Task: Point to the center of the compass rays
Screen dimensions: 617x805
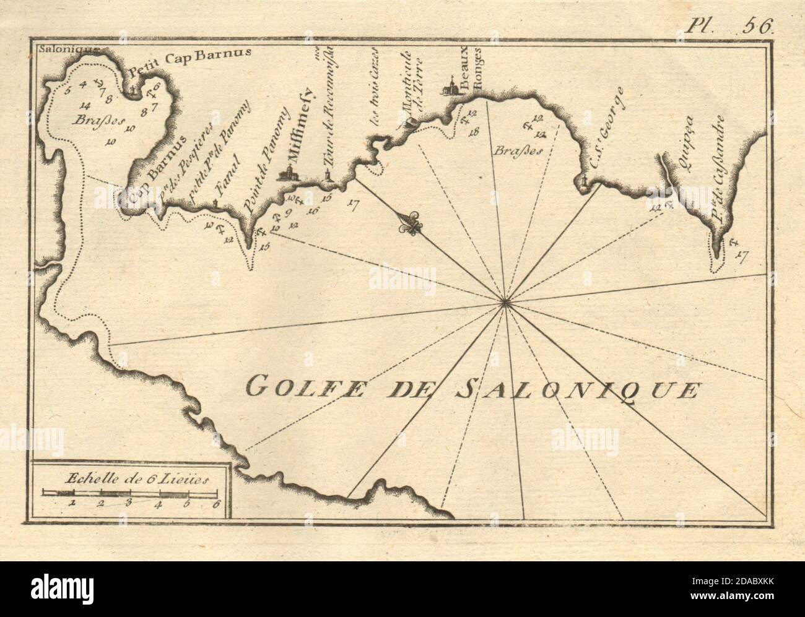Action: click(505, 303)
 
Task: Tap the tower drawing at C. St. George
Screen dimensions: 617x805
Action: click(583, 181)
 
